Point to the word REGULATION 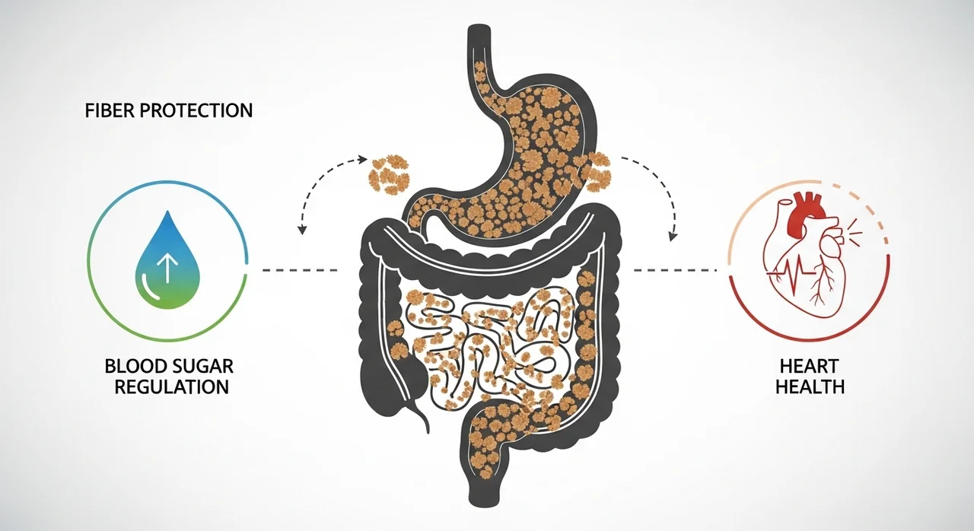click(x=167, y=386)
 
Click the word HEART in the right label click(x=809, y=367)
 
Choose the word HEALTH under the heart click(x=809, y=386)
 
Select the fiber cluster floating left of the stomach click(x=388, y=173)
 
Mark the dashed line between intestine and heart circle click(x=674, y=270)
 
